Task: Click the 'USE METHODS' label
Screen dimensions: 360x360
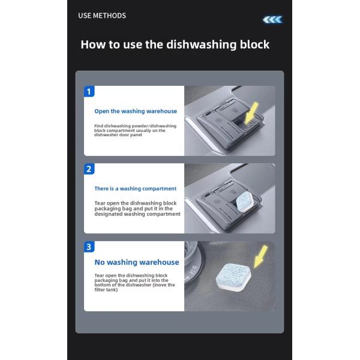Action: point(102,16)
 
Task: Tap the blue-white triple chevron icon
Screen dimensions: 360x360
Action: point(272,20)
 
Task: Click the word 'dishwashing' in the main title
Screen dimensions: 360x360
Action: point(202,44)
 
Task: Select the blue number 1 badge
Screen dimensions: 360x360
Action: point(89,91)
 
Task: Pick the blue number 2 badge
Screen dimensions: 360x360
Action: point(89,169)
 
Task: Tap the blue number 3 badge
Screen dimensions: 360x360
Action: point(89,247)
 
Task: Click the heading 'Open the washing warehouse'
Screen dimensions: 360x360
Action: point(136,112)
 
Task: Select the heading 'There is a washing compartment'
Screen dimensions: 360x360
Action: point(135,188)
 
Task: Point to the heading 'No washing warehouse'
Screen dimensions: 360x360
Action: point(137,262)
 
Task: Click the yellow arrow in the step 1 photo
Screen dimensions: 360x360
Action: point(251,113)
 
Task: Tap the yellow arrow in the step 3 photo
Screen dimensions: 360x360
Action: point(261,256)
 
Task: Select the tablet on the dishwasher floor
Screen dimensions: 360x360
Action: point(233,277)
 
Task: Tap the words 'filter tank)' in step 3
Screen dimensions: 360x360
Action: point(106,290)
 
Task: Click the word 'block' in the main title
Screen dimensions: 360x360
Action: point(254,44)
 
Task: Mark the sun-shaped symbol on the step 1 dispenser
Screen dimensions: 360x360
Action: point(217,120)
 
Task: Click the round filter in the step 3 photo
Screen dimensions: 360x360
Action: point(193,264)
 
